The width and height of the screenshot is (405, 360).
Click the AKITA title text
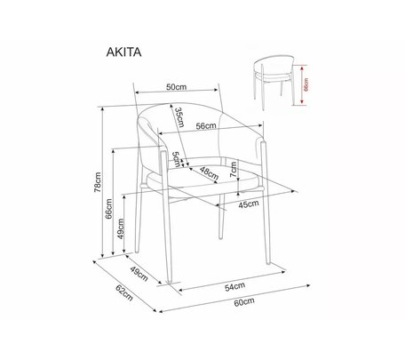pyautogui.click(x=123, y=52)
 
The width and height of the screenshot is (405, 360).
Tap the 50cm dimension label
pyautogui.click(x=177, y=87)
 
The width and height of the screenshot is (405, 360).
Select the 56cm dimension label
pyautogui.click(x=206, y=126)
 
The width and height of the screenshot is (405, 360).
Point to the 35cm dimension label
pyautogui.click(x=179, y=117)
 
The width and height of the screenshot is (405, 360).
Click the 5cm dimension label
pyautogui.click(x=177, y=159)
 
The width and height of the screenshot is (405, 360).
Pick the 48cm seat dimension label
pyautogui.click(x=209, y=173)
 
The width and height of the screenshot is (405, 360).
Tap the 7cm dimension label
pyautogui.click(x=234, y=170)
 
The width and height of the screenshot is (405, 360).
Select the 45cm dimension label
pyautogui.click(x=249, y=204)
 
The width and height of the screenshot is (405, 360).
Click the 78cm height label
pyautogui.click(x=98, y=182)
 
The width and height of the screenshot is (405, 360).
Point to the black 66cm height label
pyautogui.click(x=108, y=209)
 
